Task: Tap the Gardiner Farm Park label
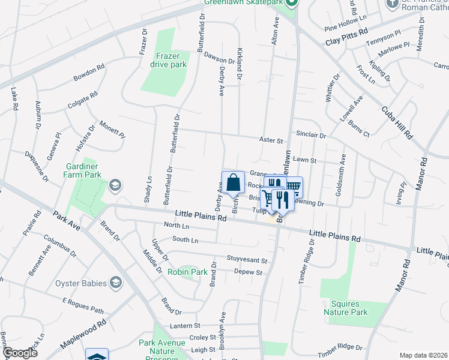pyautogui.click(x=82, y=171)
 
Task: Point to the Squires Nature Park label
pyautogui.click(x=345, y=308)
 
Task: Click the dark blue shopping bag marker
pyautogui.click(x=232, y=182)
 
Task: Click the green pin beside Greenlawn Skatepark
pyautogui.click(x=291, y=3)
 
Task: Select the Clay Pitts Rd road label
pyautogui.click(x=346, y=37)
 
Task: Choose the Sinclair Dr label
pyautogui.click(x=310, y=136)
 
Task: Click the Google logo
pyautogui.click(x=19, y=353)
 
